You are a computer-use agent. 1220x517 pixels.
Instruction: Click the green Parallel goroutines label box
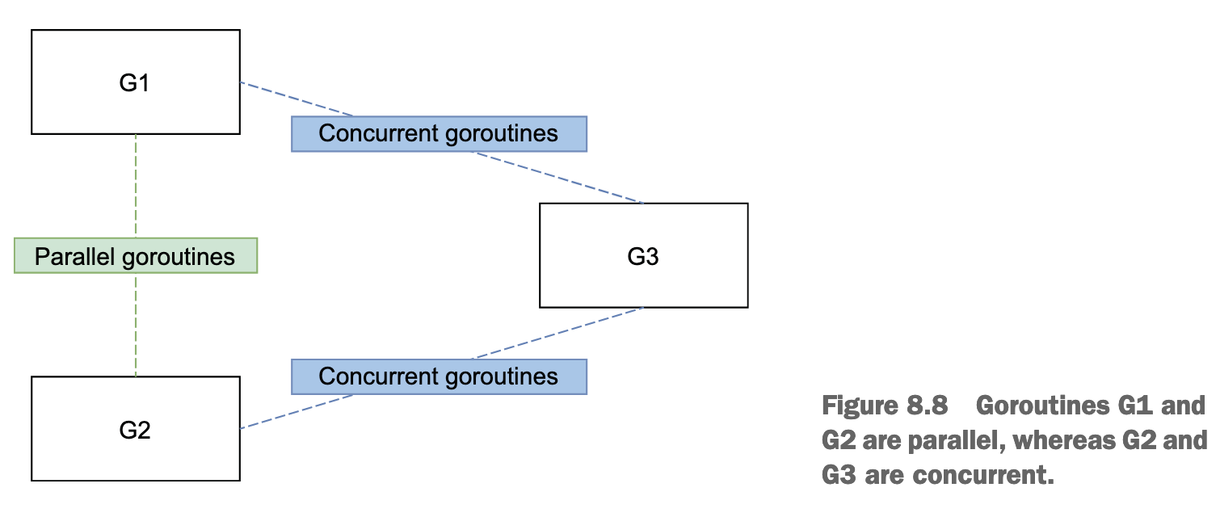(136, 255)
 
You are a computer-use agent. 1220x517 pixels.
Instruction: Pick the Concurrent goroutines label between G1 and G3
(439, 134)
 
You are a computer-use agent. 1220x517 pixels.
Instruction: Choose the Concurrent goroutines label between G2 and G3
(439, 377)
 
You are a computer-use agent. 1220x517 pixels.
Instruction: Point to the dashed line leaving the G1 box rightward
(297, 99)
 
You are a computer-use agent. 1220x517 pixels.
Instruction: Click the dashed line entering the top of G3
(557, 178)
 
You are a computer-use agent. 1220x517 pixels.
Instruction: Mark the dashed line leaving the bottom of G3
(557, 334)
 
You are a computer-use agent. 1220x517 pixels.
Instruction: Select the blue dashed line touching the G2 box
(297, 411)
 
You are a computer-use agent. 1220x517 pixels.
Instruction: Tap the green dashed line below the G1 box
(136, 186)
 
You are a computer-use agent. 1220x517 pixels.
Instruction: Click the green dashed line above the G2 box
(136, 325)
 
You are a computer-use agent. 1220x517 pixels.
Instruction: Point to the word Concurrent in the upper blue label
(379, 133)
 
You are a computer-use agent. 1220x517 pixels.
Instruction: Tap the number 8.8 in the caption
(927, 406)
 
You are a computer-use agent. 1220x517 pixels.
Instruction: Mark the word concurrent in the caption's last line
(983, 475)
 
